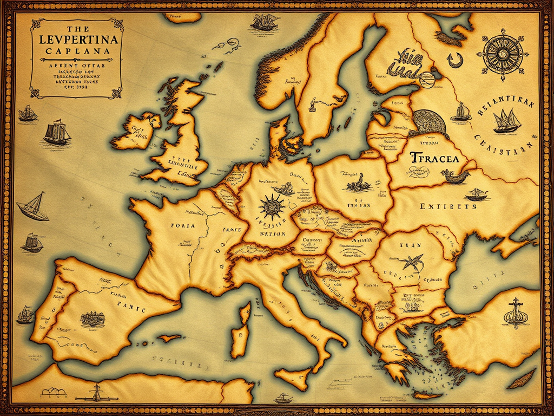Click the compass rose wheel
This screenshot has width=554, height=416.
(x=502, y=54)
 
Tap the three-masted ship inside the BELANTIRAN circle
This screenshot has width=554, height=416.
(x=507, y=121)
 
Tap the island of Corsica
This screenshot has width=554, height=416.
(x=245, y=314)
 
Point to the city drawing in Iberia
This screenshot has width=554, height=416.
(x=93, y=318)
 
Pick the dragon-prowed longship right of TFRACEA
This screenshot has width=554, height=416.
(x=454, y=175)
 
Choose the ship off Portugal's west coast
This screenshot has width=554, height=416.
(x=25, y=315)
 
